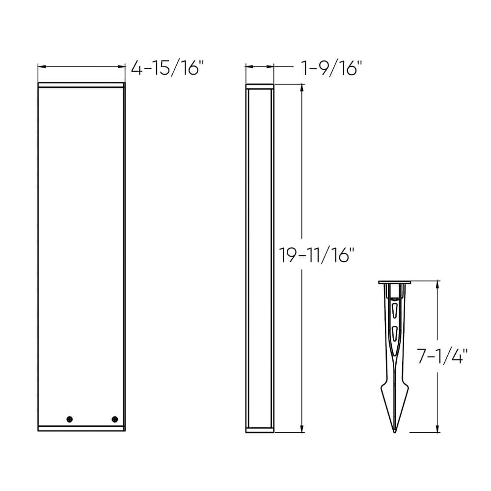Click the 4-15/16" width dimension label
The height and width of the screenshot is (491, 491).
[x=167, y=68]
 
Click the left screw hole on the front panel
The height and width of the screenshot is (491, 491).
[x=69, y=419]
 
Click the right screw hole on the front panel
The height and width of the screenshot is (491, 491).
[x=115, y=419]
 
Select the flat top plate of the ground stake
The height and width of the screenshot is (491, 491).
[x=395, y=283]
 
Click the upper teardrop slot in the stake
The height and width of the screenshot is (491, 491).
[x=395, y=311]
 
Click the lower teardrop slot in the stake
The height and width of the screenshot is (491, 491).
[x=395, y=332]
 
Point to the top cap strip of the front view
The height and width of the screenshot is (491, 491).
[x=82, y=85]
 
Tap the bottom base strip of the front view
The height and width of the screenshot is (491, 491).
[x=82, y=429]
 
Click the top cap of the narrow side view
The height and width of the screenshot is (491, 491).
[x=259, y=87]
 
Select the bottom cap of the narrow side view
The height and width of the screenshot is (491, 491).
[x=259, y=430]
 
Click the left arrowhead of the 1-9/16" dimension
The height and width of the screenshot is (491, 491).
[x=248, y=67]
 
